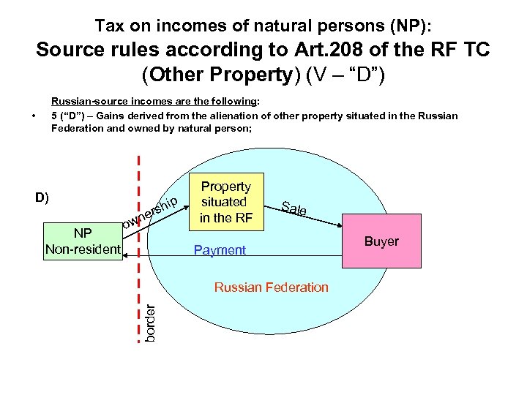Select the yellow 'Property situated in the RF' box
225,202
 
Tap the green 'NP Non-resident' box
83,241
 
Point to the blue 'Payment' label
220,251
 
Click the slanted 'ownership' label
150,213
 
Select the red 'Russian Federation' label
271,287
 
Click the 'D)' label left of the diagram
42,197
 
